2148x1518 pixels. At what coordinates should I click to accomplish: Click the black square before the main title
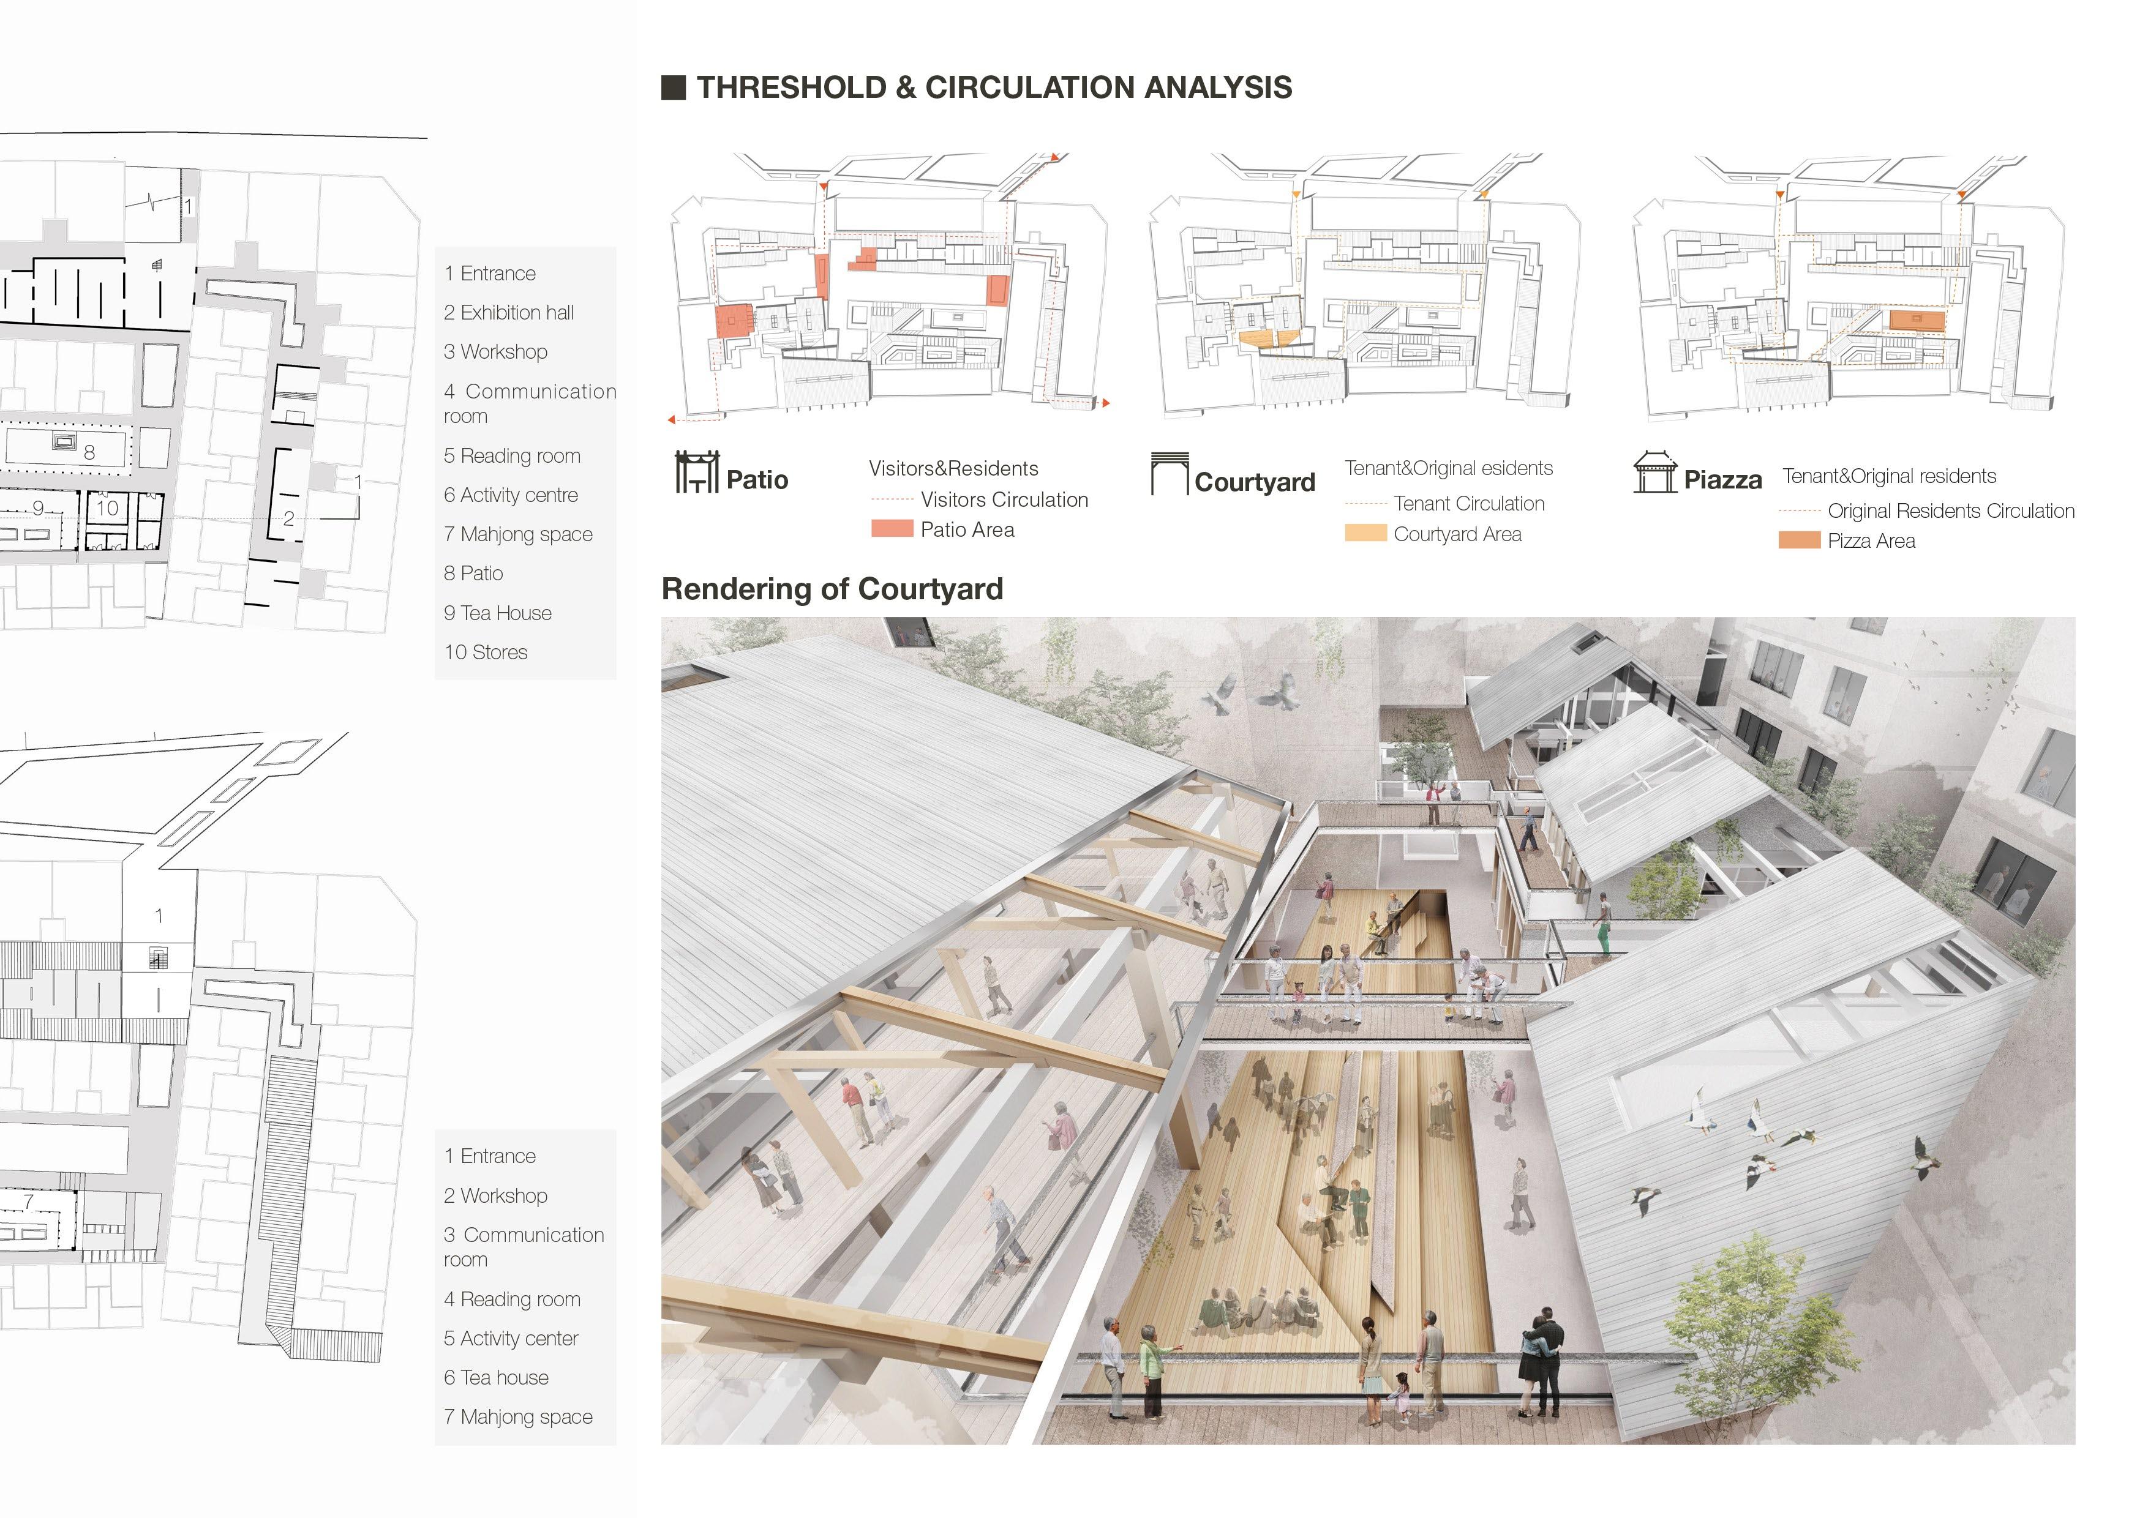673,88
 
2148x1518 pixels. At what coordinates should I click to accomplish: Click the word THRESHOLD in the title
792,88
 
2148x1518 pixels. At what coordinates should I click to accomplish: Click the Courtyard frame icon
1168,474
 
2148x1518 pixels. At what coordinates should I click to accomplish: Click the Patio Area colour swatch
892,528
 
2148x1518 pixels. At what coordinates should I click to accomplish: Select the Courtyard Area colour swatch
1365,533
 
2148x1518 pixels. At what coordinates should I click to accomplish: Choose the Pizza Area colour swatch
1798,540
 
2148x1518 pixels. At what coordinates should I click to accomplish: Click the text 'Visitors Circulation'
1004,499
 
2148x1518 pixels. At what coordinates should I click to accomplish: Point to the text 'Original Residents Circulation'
1951,510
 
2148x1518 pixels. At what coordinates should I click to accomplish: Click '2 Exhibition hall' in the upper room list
508,312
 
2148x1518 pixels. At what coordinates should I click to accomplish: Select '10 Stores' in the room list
486,652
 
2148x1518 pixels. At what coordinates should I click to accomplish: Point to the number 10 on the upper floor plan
108,508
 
